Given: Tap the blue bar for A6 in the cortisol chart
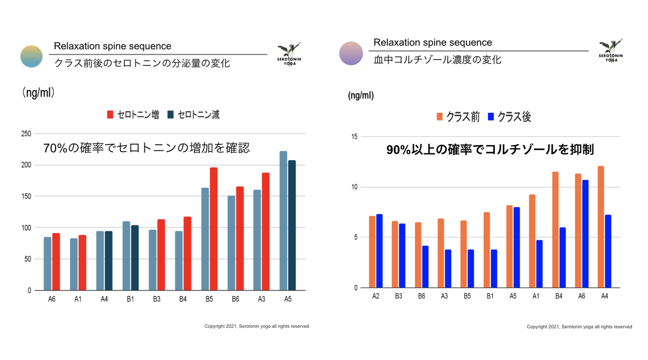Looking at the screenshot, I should (585, 234).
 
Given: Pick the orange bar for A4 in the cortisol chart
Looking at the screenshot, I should (600, 227).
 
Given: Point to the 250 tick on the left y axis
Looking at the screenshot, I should (26, 133).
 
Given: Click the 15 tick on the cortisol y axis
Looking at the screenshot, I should (354, 136).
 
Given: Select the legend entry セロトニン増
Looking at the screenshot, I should (133, 115).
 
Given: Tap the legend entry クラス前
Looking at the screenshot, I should (458, 117).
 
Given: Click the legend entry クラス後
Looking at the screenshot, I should (509, 117).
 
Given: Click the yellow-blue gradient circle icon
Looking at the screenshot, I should (31, 57).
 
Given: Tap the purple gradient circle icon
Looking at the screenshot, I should (351, 53).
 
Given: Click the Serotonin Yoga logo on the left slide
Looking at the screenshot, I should (289, 54).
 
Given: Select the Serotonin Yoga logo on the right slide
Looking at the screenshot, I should (611, 51).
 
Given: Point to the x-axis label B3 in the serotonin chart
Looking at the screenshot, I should (156, 299).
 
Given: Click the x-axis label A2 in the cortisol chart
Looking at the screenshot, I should (375, 296).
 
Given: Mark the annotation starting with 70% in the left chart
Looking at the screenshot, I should (146, 148).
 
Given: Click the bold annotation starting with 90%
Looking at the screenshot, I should (490, 150).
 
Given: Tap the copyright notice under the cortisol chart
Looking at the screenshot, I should (579, 327).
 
